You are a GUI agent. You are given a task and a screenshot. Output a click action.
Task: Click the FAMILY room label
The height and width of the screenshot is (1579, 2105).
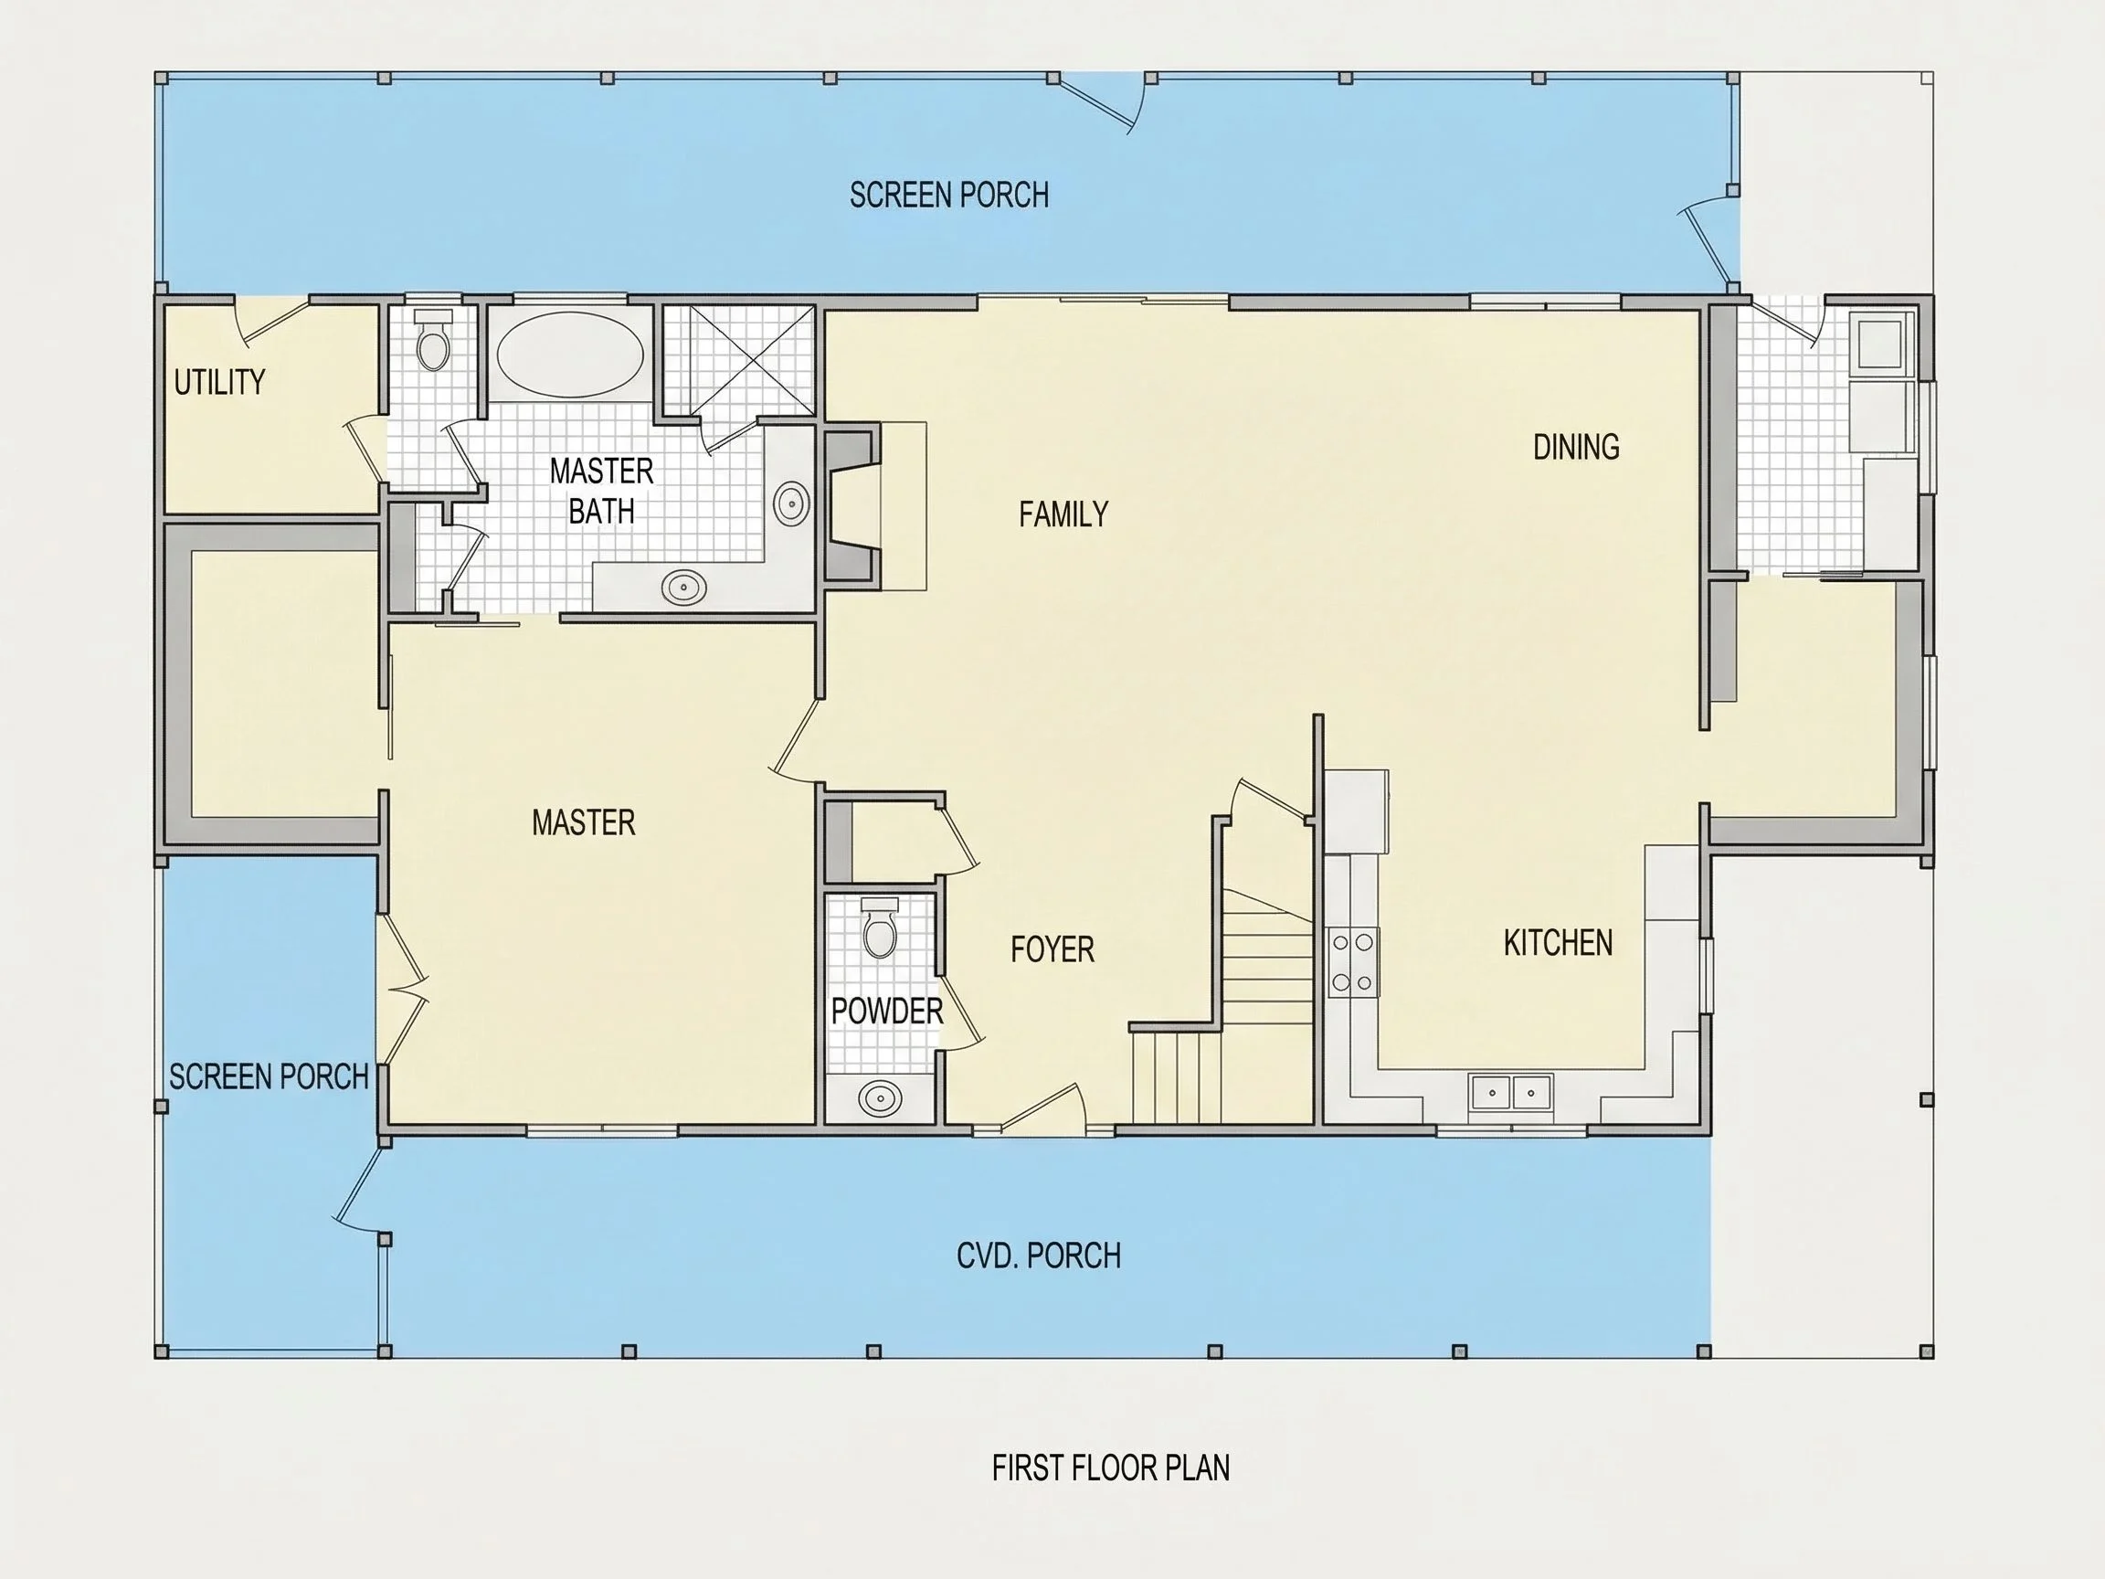click(x=1063, y=515)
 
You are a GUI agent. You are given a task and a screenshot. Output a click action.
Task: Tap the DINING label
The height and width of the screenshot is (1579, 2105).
click(x=1576, y=448)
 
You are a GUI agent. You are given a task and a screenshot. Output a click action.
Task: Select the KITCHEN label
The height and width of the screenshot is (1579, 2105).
click(x=1558, y=943)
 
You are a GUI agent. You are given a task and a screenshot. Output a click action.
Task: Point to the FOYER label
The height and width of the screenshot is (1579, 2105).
click(x=1052, y=948)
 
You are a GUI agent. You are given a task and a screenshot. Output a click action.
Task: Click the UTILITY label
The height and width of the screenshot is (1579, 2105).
click(x=219, y=382)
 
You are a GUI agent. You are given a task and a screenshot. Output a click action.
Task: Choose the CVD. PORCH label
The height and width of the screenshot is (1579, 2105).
click(x=1038, y=1256)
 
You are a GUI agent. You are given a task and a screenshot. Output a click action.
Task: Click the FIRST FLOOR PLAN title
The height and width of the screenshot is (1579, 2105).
click(x=1111, y=1468)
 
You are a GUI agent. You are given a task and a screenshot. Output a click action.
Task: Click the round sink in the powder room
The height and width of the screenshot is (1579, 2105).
click(x=880, y=1098)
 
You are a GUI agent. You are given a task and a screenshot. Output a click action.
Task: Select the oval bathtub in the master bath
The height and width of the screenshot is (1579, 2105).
click(x=570, y=354)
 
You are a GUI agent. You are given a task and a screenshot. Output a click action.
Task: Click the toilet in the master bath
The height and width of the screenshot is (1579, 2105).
click(x=434, y=339)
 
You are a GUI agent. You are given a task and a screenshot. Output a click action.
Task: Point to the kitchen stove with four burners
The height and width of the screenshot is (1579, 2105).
click(x=1353, y=962)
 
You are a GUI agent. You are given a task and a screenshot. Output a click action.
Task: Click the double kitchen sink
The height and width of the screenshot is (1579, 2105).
click(x=1511, y=1093)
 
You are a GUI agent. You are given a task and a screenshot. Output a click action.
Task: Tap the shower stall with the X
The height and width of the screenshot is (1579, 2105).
click(x=738, y=361)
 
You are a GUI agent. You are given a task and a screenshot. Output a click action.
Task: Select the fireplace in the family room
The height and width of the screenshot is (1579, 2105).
click(x=852, y=504)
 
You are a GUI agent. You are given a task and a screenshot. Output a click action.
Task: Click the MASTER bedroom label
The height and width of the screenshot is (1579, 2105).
click(x=583, y=822)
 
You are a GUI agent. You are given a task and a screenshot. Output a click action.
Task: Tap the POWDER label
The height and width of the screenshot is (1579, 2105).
click(x=887, y=1011)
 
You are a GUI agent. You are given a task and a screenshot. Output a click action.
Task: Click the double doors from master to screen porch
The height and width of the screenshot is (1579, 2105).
click(x=402, y=990)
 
